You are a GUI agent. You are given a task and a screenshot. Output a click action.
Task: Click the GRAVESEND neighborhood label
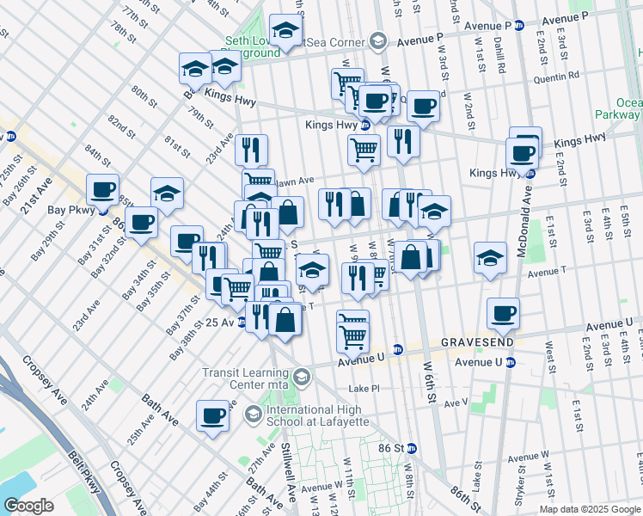tap(478, 341)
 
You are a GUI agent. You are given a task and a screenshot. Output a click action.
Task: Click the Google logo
tap(28, 505)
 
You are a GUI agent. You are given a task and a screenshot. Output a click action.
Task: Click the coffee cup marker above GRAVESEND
tap(503, 313)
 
